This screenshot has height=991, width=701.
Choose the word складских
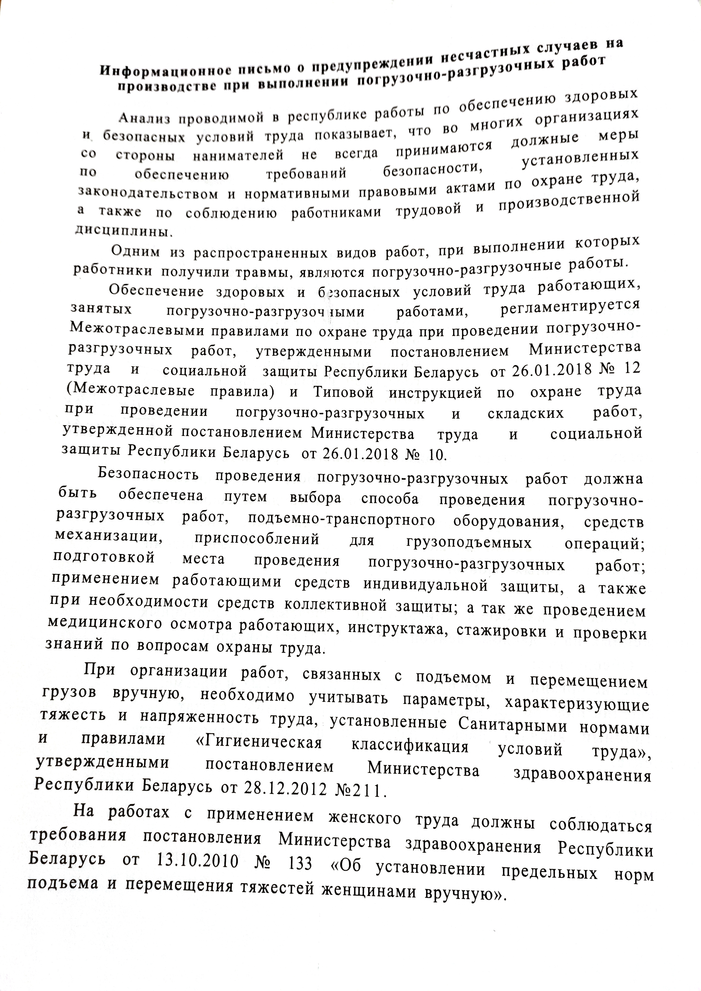(x=526, y=413)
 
